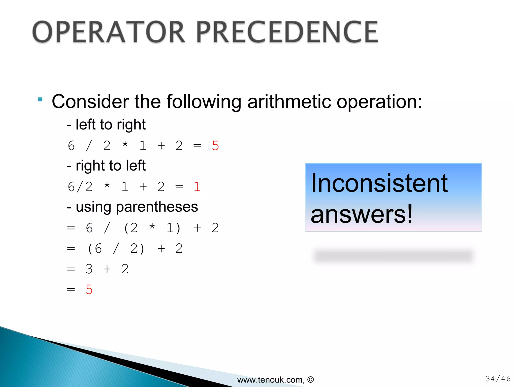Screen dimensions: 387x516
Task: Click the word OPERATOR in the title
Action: (x=109, y=32)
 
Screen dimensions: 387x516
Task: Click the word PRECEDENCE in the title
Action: (x=287, y=32)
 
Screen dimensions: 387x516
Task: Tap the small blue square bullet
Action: (x=40, y=99)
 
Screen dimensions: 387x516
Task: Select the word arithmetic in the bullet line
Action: (x=289, y=102)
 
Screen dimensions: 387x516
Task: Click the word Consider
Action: (x=90, y=102)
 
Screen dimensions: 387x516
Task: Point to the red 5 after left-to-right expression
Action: (x=215, y=146)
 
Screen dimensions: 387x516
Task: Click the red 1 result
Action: (x=197, y=187)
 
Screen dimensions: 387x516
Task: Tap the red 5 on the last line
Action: (x=89, y=289)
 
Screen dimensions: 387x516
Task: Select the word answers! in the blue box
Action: (x=362, y=214)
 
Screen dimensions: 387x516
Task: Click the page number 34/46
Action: (x=498, y=379)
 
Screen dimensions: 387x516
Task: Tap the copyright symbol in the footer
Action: (x=311, y=379)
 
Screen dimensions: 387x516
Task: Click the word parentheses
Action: (x=157, y=207)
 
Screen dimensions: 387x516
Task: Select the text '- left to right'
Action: (x=106, y=124)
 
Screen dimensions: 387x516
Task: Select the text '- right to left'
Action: (x=106, y=166)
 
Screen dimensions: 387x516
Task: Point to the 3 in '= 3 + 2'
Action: (x=89, y=269)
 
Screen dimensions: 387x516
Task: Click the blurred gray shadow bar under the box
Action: (x=393, y=256)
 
